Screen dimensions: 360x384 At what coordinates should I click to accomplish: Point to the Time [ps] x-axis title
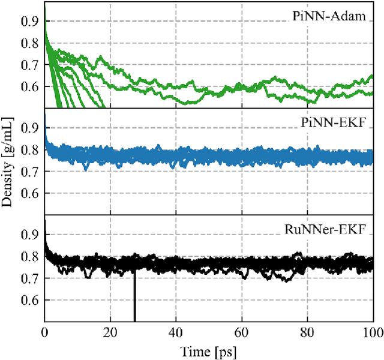[209, 350]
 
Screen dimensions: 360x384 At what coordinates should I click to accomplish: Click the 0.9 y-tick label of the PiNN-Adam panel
[29, 23]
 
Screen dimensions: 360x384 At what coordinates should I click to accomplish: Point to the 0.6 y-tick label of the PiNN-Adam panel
[29, 87]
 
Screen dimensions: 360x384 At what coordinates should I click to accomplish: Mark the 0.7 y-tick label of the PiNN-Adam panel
[29, 65]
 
